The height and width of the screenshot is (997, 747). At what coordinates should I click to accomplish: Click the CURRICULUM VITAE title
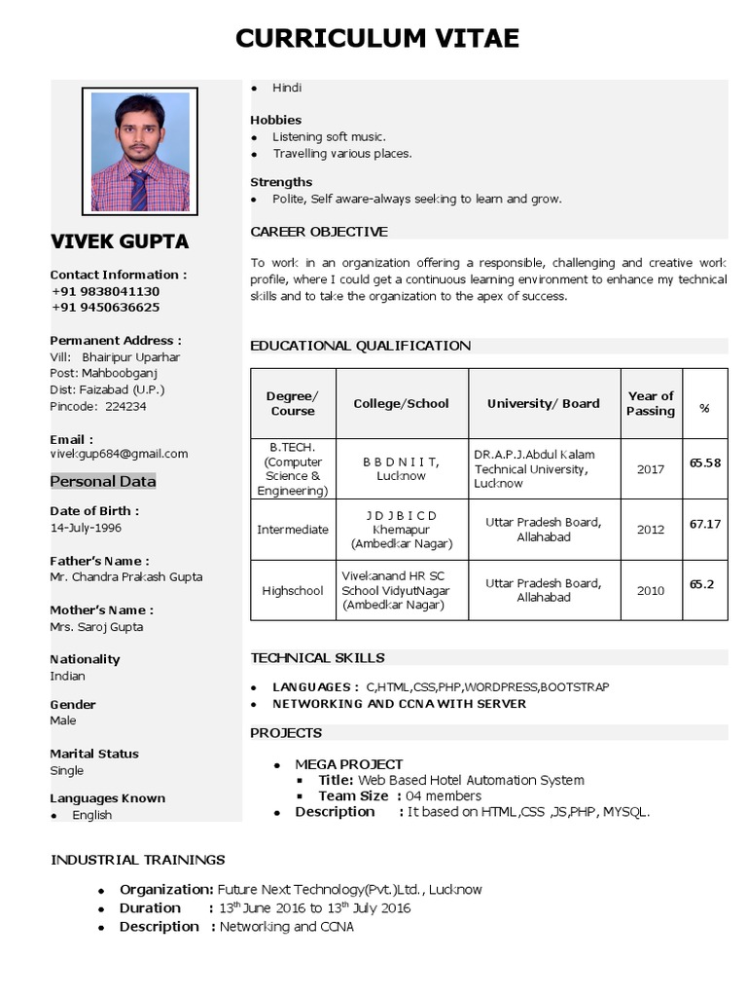[x=377, y=38]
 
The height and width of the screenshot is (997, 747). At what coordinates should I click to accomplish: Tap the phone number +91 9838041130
[x=106, y=291]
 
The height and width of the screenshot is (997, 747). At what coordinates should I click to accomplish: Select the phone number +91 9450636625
[x=106, y=308]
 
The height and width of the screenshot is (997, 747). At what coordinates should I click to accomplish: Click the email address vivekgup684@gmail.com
[x=119, y=454]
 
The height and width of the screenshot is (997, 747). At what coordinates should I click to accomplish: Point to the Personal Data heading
[x=103, y=481]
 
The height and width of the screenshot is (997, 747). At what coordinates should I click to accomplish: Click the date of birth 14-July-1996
[x=86, y=528]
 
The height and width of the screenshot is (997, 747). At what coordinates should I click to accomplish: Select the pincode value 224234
[x=125, y=407]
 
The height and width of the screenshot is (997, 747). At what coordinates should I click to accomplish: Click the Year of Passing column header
[x=651, y=403]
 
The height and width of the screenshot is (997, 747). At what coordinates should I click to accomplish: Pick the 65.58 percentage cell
[x=705, y=462]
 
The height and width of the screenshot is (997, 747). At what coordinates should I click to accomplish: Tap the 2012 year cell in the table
[x=651, y=530]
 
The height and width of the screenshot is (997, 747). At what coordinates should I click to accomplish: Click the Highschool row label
[x=293, y=591]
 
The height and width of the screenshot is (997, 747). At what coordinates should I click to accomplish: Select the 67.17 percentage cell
[x=705, y=524]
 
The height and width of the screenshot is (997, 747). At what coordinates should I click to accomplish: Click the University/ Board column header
[x=543, y=403]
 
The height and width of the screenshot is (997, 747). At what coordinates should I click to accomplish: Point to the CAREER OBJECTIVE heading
[x=319, y=232]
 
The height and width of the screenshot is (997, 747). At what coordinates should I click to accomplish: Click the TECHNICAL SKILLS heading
[x=317, y=658]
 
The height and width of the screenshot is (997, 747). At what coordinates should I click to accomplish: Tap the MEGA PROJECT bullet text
[x=349, y=764]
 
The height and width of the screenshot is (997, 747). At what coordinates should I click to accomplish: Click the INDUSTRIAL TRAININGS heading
[x=137, y=860]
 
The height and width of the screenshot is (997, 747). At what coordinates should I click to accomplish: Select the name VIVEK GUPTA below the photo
[x=120, y=241]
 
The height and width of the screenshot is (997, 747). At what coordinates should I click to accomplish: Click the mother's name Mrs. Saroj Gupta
[x=96, y=627]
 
